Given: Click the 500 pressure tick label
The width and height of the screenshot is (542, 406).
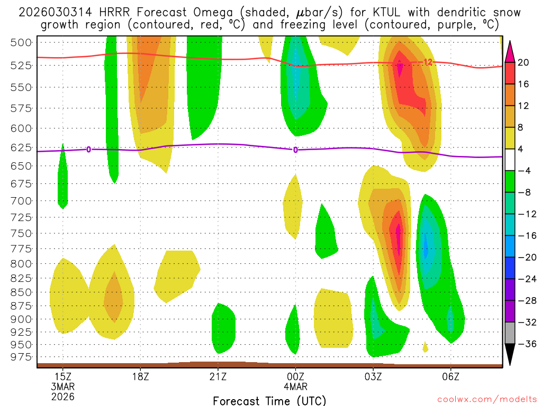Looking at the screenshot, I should [x=22, y=43].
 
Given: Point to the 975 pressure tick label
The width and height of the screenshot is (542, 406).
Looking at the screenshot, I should [x=22, y=357].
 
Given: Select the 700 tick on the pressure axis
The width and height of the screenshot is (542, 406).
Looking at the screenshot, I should [x=22, y=201].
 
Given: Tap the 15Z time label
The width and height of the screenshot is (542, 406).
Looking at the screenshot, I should [x=63, y=377].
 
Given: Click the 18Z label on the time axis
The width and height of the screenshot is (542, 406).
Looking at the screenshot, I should [x=140, y=377].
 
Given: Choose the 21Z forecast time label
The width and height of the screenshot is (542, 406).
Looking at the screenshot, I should [x=218, y=377].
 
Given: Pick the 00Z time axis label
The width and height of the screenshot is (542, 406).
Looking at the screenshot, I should [x=295, y=377].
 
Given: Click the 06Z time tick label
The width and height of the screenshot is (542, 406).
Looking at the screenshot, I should [x=450, y=377].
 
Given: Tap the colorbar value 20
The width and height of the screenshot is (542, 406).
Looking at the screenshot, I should [x=523, y=62].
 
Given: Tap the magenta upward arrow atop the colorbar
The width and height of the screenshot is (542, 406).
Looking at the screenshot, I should [x=510, y=51].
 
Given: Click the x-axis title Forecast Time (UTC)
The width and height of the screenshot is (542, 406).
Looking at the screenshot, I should [x=269, y=400].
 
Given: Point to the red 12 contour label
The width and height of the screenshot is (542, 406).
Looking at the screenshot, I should [x=428, y=62].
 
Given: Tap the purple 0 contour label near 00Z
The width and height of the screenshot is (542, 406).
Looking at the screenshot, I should [x=295, y=150].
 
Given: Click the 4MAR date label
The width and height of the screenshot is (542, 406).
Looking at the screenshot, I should [x=295, y=386].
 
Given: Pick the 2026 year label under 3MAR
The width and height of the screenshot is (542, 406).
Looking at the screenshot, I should [x=63, y=396].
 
